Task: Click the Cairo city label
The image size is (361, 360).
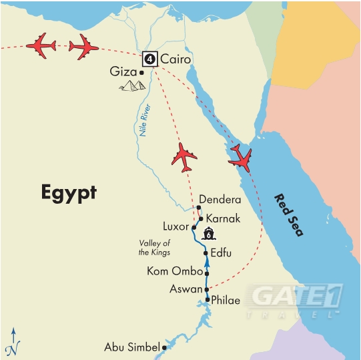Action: pos(175,59)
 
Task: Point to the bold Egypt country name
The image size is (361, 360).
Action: pos(69,194)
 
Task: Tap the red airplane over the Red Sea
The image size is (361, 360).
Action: pos(240,158)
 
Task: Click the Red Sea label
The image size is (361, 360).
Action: pos(288,214)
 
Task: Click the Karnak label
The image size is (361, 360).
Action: pos(224,218)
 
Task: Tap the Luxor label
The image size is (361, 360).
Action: pos(176,227)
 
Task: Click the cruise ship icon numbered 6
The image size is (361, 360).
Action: pos(209,234)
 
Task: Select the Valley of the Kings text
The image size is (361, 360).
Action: pos(155,248)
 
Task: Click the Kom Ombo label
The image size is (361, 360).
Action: pos(175,272)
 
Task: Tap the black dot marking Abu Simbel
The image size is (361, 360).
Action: pos(164,347)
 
